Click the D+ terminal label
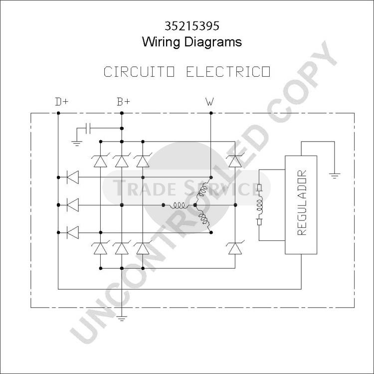61,102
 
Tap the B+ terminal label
123,102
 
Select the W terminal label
209,102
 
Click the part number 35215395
192,26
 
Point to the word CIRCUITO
139,71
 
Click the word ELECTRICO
228,71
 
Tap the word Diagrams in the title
213,42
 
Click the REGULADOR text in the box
302,202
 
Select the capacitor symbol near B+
88,128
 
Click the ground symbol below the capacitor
77,144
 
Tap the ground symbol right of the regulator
335,176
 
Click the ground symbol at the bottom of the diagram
122,319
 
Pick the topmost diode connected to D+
72,177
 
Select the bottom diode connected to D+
72,232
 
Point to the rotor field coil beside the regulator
259,205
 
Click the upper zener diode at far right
235,161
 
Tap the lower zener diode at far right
235,247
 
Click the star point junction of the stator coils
195,205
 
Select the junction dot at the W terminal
211,113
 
